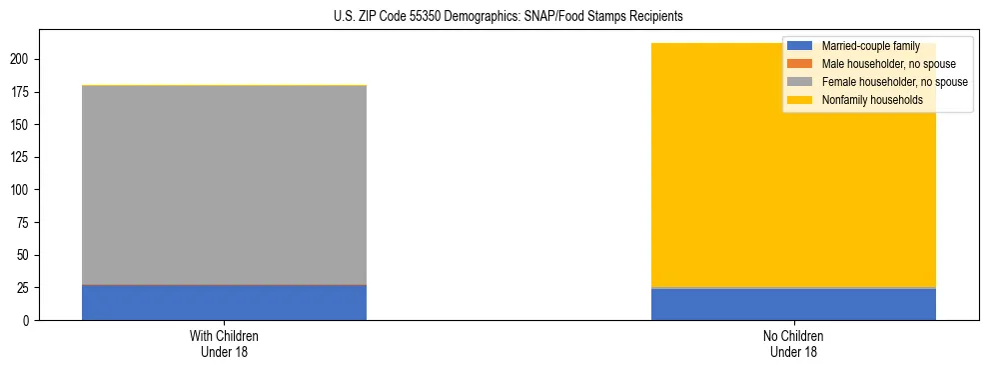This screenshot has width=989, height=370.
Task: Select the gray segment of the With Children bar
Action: [x=224, y=185]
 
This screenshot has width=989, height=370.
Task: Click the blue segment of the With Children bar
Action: [x=224, y=303]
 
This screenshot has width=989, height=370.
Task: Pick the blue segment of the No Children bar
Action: [x=793, y=305]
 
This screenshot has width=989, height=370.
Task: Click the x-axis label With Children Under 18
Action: [x=224, y=344]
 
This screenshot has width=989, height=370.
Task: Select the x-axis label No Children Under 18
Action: [x=793, y=344]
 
